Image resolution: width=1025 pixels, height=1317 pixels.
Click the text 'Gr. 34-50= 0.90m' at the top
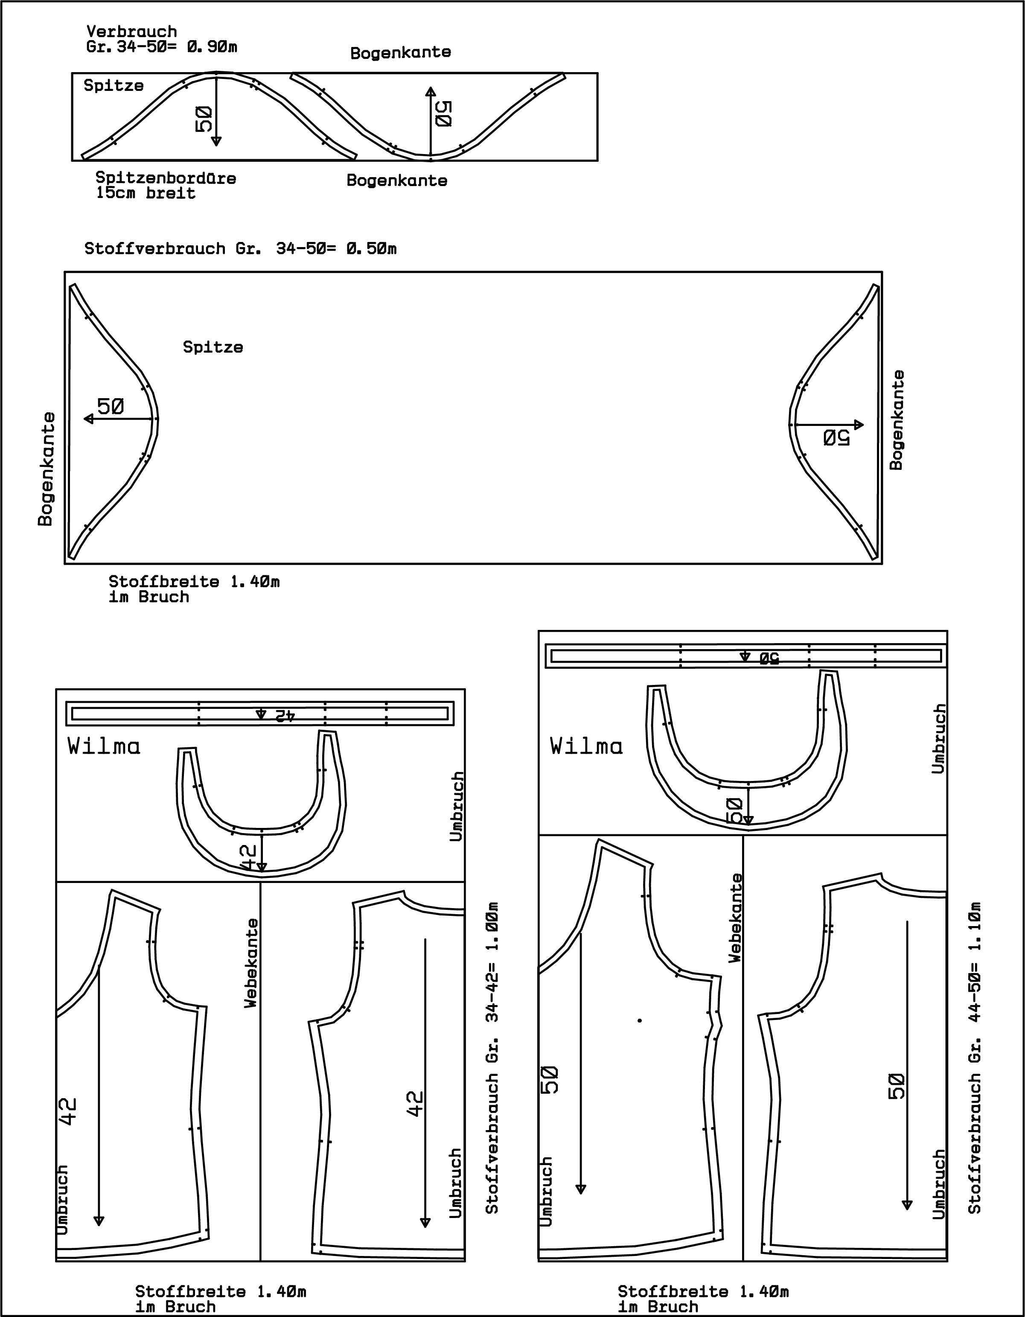point(162,47)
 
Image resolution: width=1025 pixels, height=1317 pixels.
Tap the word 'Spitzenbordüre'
point(166,178)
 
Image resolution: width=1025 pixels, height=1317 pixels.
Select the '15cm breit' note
point(146,194)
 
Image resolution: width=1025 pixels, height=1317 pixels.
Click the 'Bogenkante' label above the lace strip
point(400,52)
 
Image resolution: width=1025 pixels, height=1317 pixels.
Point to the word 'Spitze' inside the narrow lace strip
point(114,86)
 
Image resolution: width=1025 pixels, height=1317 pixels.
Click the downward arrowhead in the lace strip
point(216,141)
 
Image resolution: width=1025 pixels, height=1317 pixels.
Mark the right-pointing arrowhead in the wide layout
point(858,425)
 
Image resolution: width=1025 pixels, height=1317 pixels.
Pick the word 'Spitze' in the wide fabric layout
point(213,347)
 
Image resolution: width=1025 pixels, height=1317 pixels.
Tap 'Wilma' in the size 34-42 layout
point(104,746)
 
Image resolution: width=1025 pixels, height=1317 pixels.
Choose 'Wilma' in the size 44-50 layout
point(586,746)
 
